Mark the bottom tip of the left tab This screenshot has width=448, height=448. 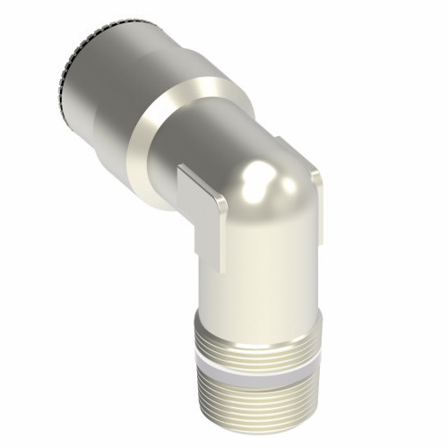pos(220,269)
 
